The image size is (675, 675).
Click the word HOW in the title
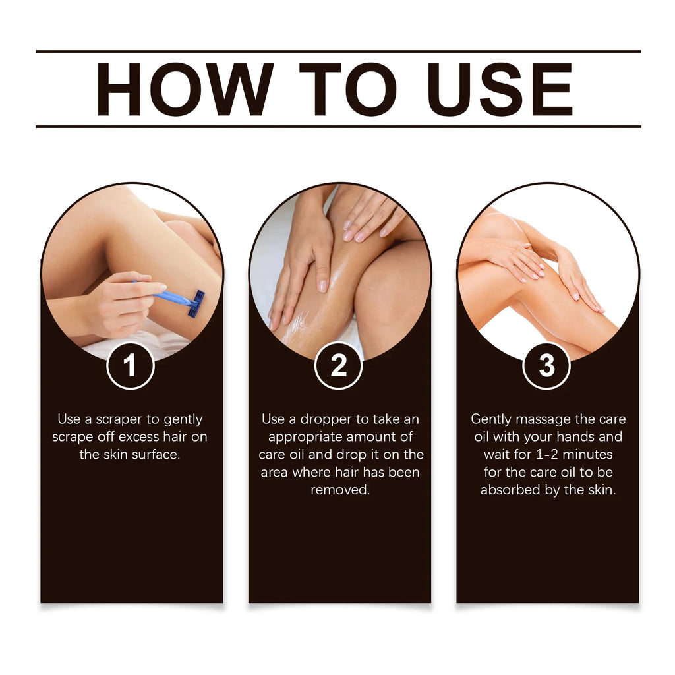[x=185, y=90]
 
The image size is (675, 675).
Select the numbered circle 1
[x=131, y=365]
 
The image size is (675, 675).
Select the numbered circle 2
[x=338, y=365]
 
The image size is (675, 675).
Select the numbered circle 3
[x=546, y=365]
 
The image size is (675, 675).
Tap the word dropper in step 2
[x=326, y=419]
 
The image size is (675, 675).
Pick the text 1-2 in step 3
[x=548, y=455]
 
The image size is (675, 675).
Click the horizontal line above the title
[x=337, y=51]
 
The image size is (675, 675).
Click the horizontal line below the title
[x=337, y=126]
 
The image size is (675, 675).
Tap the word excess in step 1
[x=139, y=437]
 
